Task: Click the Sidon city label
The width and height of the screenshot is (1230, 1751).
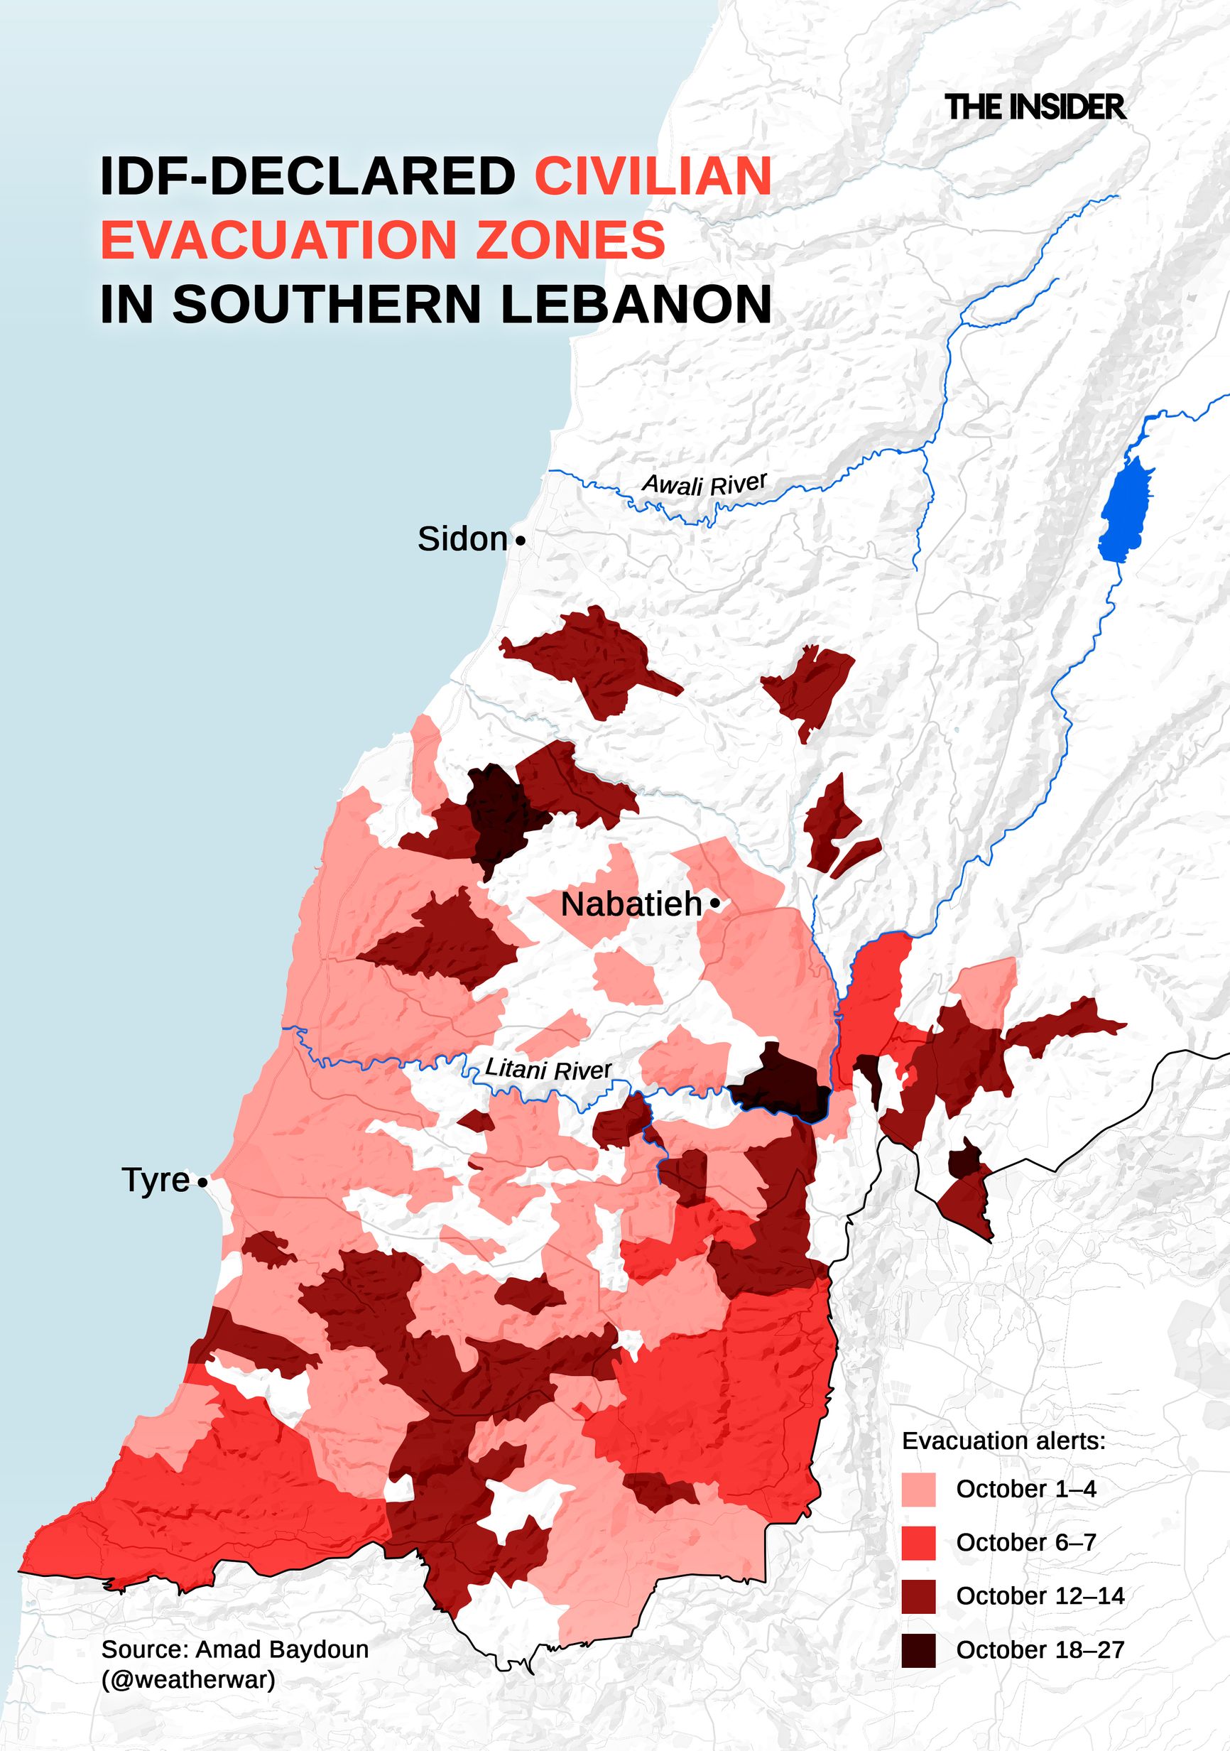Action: pos(462,540)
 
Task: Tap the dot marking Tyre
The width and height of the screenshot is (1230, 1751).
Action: pos(202,1183)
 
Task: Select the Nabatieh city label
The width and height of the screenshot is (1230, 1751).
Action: pos(631,905)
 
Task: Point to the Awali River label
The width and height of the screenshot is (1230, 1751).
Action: pos(704,484)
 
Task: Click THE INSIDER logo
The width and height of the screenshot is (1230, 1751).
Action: pos(1035,107)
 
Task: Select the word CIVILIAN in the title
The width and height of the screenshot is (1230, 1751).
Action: pos(653,176)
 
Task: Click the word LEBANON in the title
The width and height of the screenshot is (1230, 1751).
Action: pos(636,305)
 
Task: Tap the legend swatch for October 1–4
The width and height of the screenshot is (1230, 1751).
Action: pos(918,1490)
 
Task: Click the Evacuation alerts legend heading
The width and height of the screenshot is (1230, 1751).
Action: pos(1003,1441)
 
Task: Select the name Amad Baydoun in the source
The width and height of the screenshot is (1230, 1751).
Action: pos(281,1649)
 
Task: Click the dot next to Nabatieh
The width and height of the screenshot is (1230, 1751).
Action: pos(714,904)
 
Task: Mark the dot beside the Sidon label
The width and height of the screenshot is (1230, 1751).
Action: pos(520,541)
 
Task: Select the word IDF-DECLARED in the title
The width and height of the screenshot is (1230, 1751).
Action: pos(307,176)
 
